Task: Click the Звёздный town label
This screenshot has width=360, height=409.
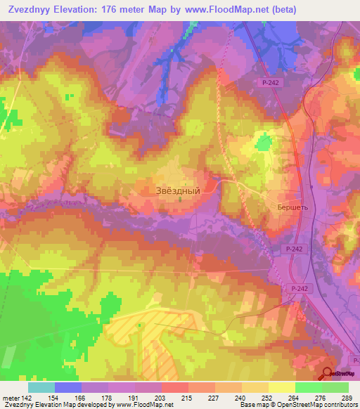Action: pyautogui.click(x=177, y=190)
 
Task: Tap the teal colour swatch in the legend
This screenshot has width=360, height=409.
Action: pyautogui.click(x=41, y=387)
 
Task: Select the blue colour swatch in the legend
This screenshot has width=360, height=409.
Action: pyautogui.click(x=68, y=387)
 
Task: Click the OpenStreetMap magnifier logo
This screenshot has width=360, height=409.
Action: pyautogui.click(x=328, y=374)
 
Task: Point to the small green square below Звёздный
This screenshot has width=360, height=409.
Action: pyautogui.click(x=179, y=200)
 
